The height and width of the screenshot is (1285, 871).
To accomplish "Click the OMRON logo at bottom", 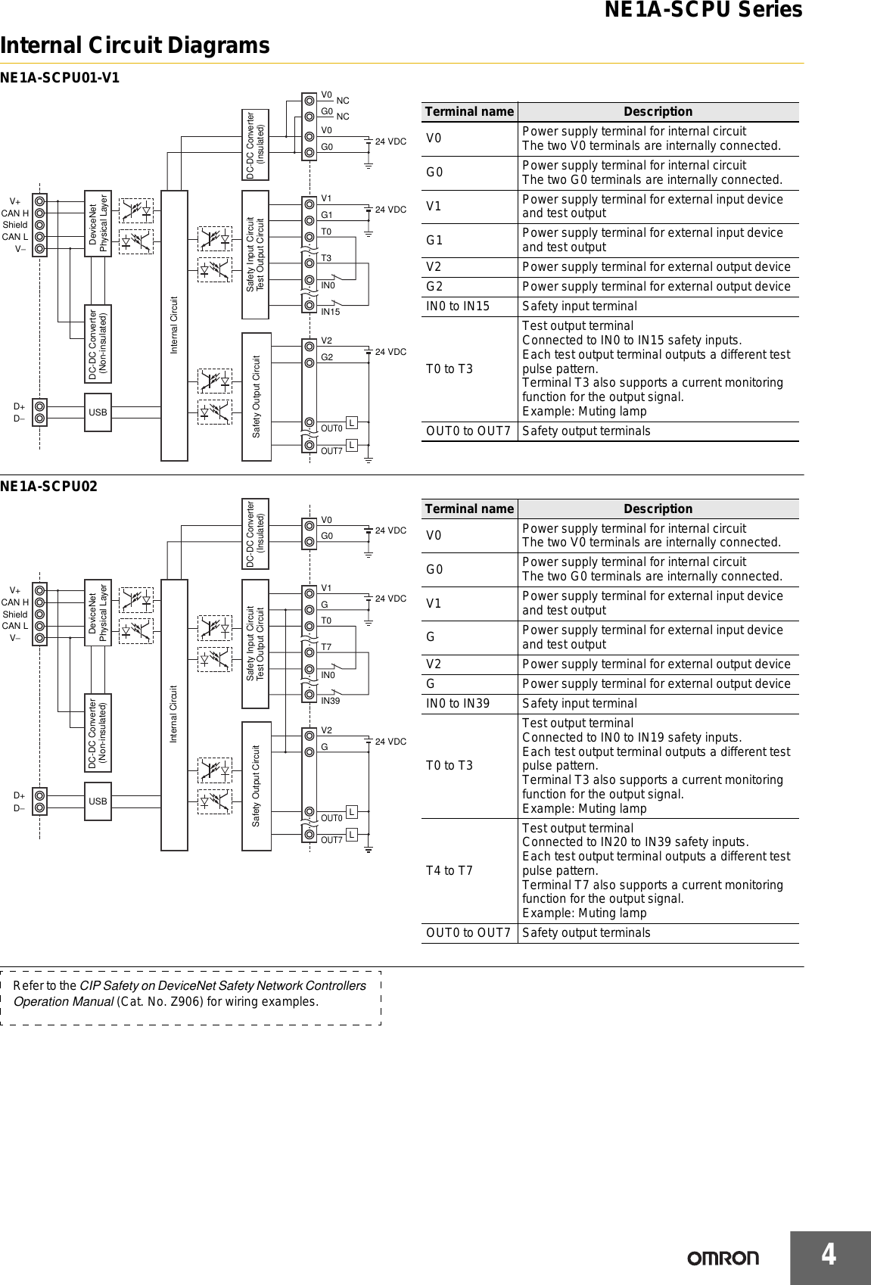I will pyautogui.click(x=723, y=1258).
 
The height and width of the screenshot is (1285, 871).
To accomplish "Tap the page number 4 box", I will pyautogui.click(x=830, y=1255).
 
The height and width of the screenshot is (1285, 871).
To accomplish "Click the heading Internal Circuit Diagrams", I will pyautogui.click(x=135, y=46).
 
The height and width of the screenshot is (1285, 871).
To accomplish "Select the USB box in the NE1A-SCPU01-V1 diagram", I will pyautogui.click(x=98, y=412).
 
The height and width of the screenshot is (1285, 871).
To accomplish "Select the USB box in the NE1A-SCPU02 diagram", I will pyautogui.click(x=98, y=801).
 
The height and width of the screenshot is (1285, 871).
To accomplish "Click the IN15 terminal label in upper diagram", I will pyautogui.click(x=331, y=311).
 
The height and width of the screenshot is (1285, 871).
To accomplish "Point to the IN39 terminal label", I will pyautogui.click(x=331, y=701).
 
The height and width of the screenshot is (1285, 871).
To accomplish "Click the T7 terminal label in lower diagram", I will pyautogui.click(x=326, y=647).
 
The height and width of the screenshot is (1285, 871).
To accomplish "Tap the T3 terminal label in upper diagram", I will pyautogui.click(x=326, y=259).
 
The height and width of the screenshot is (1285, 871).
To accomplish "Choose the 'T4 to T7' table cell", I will pyautogui.click(x=449, y=870).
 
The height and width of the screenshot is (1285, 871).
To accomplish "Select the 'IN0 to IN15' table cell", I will pyautogui.click(x=458, y=306).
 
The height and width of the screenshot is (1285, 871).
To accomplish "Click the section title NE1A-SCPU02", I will pyautogui.click(x=48, y=486).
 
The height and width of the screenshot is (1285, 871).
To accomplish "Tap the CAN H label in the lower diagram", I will pyautogui.click(x=15, y=602).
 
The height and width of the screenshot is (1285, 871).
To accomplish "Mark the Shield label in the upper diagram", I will pyautogui.click(x=15, y=225).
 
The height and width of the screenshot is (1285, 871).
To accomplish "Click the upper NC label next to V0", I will pyautogui.click(x=343, y=101).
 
